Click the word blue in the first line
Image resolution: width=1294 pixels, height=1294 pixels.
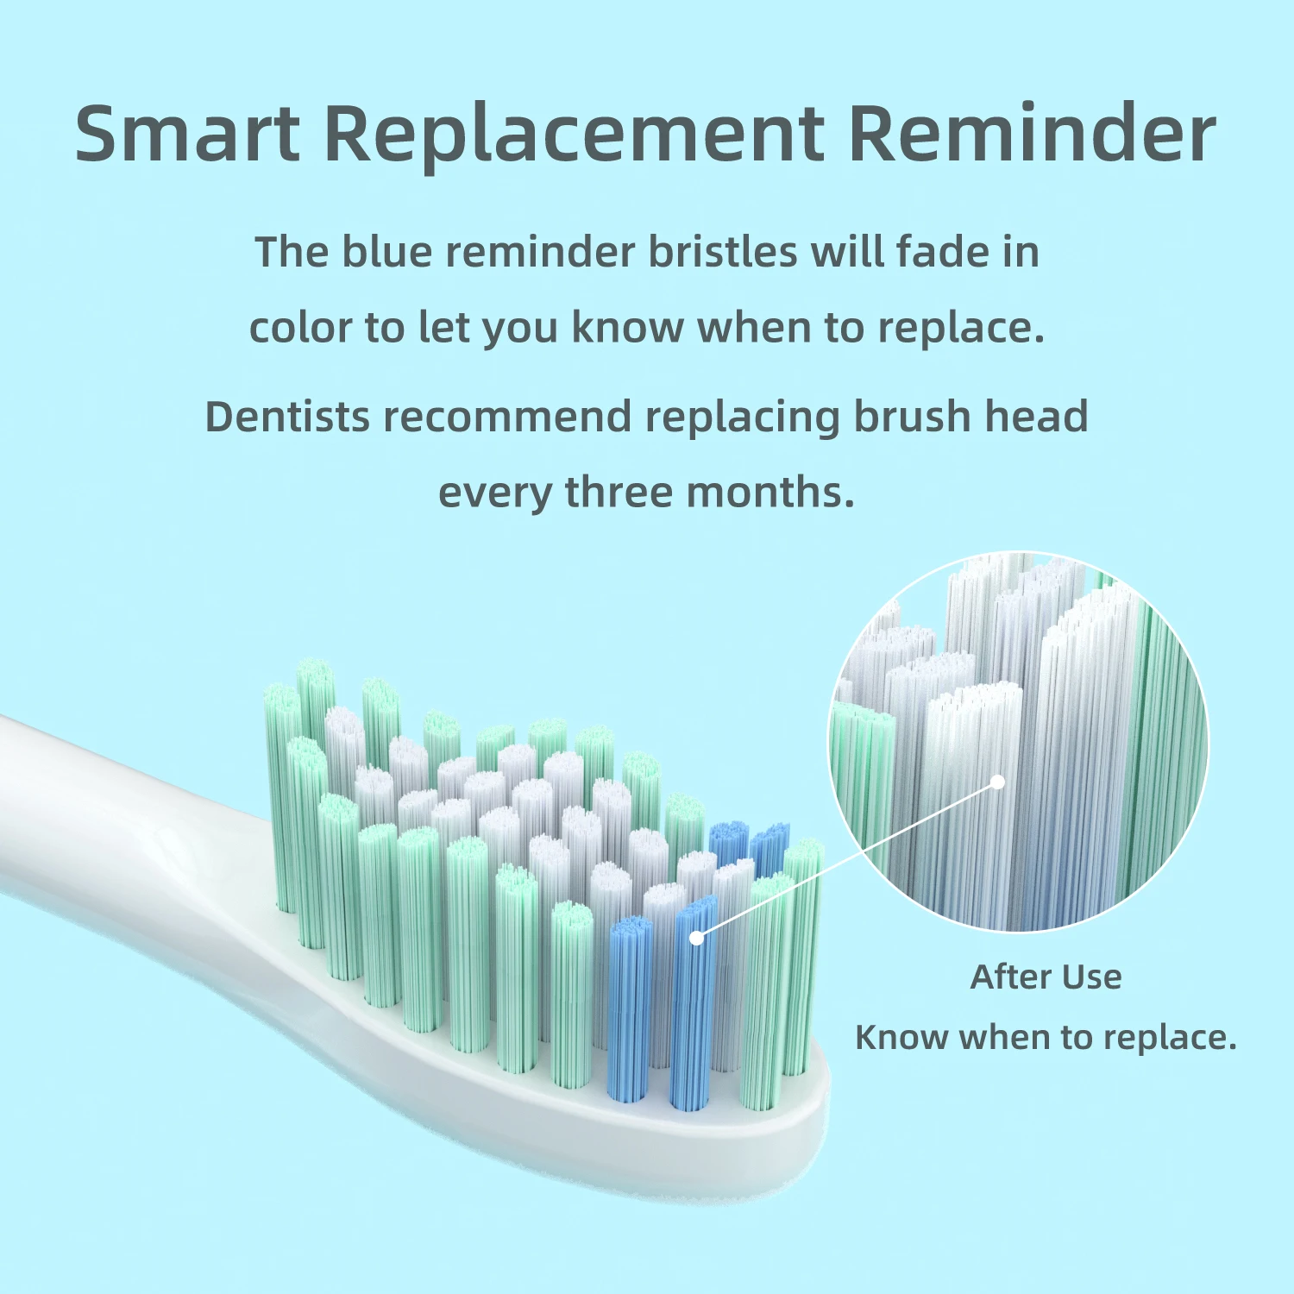[386, 252]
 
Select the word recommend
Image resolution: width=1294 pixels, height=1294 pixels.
[508, 417]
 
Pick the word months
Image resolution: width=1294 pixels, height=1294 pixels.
[770, 493]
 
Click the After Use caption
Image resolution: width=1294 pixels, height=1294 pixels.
[1046, 977]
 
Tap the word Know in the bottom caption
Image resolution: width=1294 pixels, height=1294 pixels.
[900, 1037]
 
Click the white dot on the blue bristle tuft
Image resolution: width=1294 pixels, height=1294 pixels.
[696, 938]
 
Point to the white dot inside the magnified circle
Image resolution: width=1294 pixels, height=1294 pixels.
[997, 782]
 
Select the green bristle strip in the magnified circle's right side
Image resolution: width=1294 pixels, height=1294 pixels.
[1165, 742]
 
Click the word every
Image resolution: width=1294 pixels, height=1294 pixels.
[494, 493]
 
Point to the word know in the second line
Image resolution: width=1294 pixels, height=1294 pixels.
[626, 328]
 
